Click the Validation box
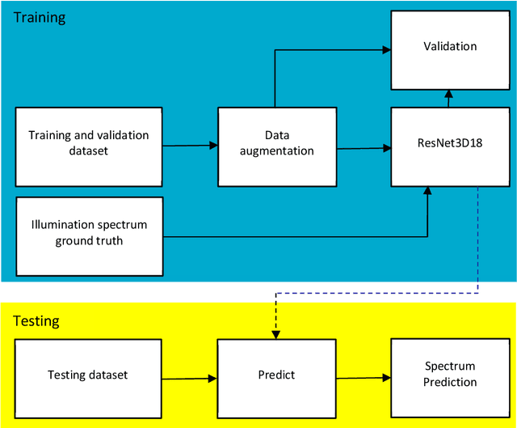(450, 49)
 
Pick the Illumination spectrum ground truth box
(89, 234)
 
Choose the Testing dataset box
(88, 375)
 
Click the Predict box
(277, 375)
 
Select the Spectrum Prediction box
(451, 375)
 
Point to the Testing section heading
(37, 320)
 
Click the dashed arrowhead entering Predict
(277, 333)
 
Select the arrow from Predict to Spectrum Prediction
(364, 376)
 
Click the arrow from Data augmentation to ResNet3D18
(364, 148)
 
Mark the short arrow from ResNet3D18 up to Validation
(450, 98)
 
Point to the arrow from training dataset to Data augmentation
(191, 146)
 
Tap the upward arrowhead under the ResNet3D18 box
(427, 191)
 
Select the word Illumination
(62, 225)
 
